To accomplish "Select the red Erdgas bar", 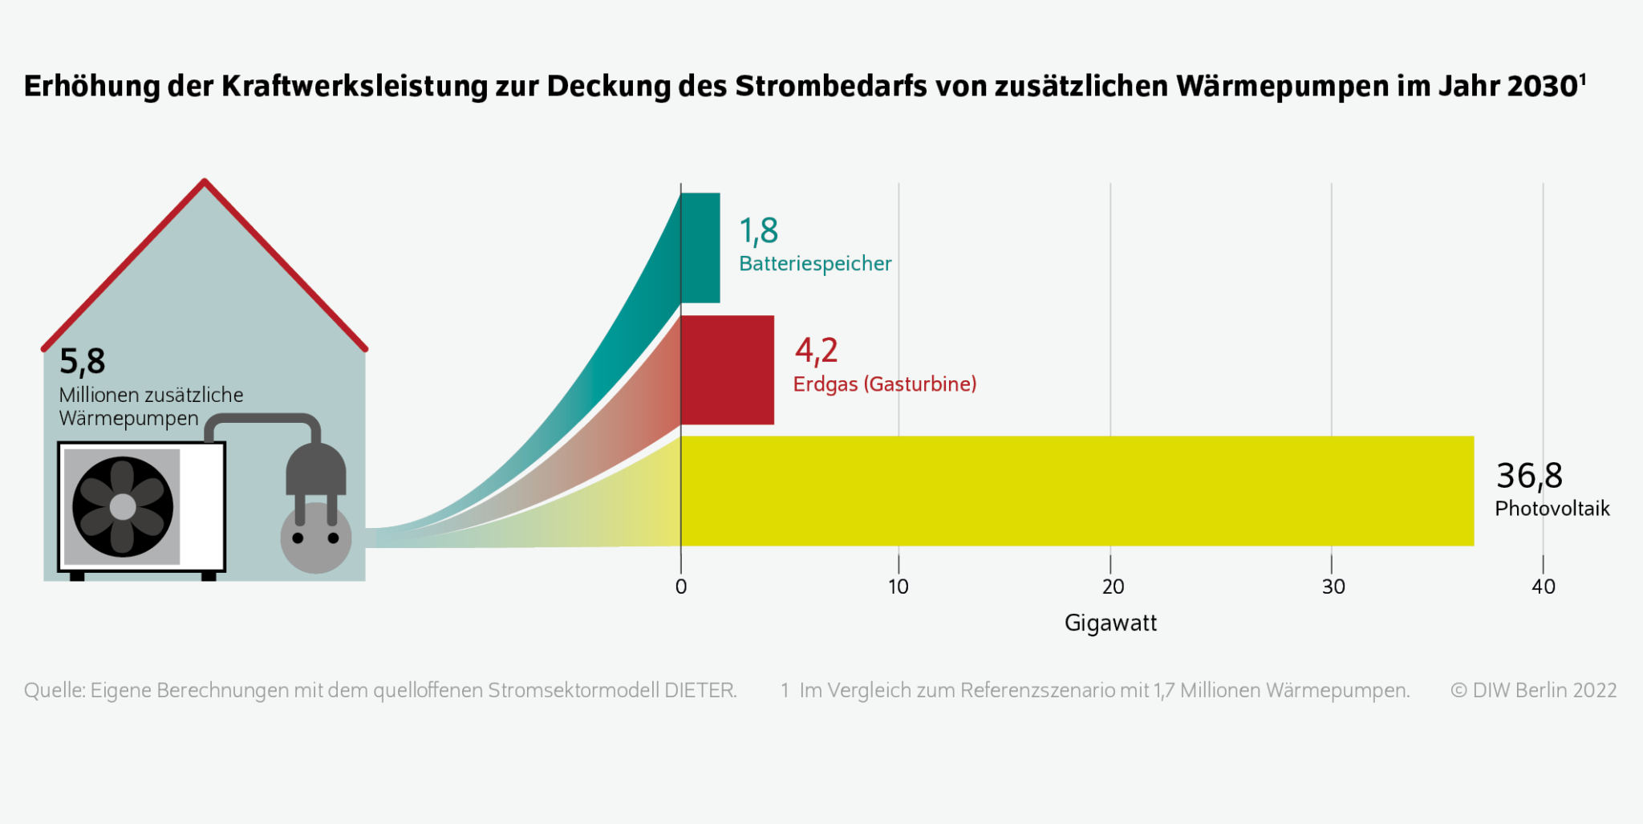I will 727,370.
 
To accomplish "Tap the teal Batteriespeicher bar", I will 700,248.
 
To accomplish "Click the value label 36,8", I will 1529,476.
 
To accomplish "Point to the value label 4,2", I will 816,351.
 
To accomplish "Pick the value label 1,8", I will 758,231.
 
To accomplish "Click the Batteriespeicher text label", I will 815,264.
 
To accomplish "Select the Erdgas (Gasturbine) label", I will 885,384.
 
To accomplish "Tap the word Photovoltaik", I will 1552,509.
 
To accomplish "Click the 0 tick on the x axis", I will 681,587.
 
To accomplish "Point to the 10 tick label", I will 899,587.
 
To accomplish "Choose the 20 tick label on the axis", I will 1112,587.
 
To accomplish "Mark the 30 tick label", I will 1333,587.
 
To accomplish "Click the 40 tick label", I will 1543,587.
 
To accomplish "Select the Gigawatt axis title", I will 1110,623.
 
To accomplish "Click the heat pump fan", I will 123,507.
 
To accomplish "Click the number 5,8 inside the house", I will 82,362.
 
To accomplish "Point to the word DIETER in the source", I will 700,690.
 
